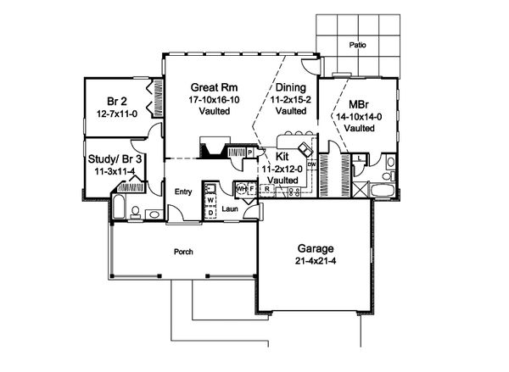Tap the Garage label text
(x=315, y=248)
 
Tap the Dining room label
(x=290, y=86)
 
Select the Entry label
(x=183, y=192)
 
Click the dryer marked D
(x=210, y=212)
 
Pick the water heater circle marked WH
(x=240, y=188)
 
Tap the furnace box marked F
(x=250, y=188)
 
